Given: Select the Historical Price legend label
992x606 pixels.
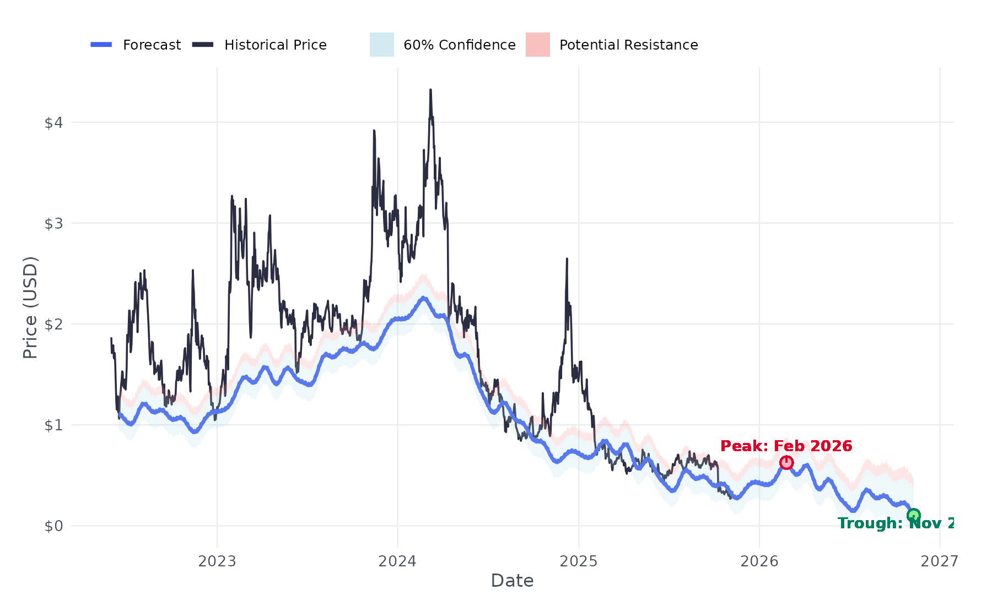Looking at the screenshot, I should [275, 45].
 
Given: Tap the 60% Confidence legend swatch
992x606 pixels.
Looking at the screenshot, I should [381, 45].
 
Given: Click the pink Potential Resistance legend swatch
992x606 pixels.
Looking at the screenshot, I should [537, 45].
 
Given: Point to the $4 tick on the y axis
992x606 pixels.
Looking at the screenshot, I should [54, 122].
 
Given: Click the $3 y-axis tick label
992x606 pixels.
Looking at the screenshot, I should [54, 223].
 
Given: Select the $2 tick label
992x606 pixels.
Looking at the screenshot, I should [54, 324].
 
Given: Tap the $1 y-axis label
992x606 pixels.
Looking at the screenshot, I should [54, 425].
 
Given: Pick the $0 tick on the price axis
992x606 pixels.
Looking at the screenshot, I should [54, 526].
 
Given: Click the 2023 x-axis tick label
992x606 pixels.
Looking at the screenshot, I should [217, 561].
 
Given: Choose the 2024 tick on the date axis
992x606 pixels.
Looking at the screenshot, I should [397, 561].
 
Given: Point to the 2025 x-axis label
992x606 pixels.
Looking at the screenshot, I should [579, 561].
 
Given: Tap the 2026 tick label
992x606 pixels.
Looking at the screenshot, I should [759, 561].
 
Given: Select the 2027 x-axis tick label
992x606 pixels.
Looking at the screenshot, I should [940, 561].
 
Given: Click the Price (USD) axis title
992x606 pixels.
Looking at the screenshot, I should [30, 307].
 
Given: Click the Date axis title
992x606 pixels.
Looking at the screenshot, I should [512, 581].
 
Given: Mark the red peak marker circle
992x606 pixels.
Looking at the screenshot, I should [786, 462].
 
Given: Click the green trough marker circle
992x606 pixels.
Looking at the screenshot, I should [914, 516].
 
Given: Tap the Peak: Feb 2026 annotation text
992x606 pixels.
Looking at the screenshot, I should [786, 446].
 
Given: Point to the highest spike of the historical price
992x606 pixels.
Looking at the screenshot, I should [430, 90].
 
